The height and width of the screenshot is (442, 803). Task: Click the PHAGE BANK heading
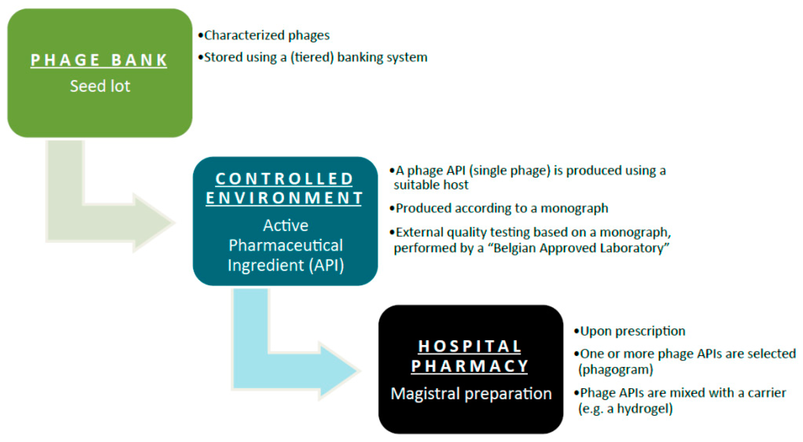(x=99, y=60)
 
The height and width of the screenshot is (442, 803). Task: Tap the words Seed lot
(x=100, y=86)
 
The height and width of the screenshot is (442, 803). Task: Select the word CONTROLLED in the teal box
(x=284, y=179)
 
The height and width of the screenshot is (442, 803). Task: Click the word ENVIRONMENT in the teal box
(x=284, y=198)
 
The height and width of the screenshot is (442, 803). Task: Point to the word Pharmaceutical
(x=286, y=245)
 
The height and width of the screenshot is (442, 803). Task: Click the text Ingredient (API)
(x=286, y=265)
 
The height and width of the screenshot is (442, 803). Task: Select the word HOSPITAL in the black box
(x=469, y=346)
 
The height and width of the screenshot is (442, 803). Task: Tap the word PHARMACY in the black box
(x=469, y=366)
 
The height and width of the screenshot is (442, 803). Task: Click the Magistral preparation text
(x=471, y=394)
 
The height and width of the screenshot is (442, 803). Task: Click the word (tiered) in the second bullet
(x=312, y=57)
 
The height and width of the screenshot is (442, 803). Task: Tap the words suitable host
(x=431, y=185)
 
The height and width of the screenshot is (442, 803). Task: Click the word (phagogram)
(x=615, y=370)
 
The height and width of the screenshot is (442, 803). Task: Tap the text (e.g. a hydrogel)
(x=625, y=409)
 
